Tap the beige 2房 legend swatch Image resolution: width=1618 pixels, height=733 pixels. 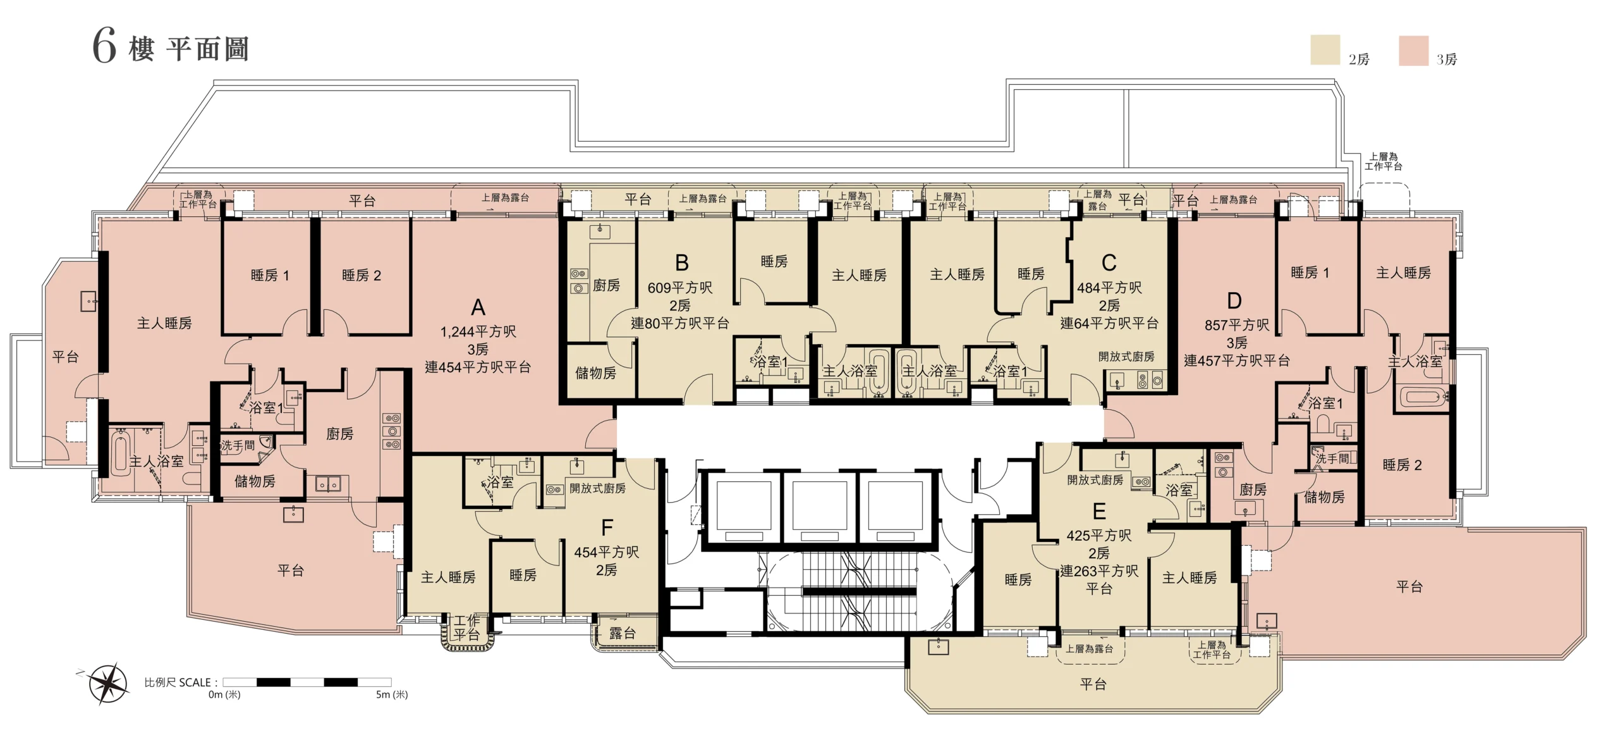1325,50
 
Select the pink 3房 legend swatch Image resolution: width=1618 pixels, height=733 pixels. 1413,51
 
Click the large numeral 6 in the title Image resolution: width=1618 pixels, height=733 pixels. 105,47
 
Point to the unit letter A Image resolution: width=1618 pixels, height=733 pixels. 478,307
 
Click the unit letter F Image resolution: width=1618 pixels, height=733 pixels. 607,527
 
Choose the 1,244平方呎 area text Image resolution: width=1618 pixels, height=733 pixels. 478,331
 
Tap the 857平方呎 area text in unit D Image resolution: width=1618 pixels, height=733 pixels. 1237,325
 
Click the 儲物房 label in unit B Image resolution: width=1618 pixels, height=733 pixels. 595,373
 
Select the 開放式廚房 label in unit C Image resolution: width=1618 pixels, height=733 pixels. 1126,357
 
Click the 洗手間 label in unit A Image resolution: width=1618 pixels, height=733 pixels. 238,446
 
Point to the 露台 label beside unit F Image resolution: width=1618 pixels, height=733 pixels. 623,633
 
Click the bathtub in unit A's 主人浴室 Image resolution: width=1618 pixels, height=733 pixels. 120,453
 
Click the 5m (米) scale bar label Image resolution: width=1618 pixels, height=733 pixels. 392,694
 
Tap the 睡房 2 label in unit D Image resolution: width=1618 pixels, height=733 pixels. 1402,465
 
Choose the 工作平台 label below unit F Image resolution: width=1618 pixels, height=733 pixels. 466,627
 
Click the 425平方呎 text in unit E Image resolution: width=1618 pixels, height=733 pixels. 1099,536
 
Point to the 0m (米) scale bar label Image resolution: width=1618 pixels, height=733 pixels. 224,694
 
